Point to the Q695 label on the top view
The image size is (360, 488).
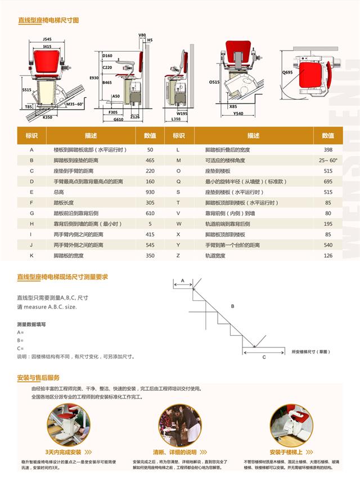tap(288, 72)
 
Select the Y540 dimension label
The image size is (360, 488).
tap(238, 113)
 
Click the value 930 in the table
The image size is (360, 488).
tap(150, 192)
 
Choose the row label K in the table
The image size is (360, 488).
tap(32, 255)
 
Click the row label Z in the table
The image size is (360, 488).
tap(178, 255)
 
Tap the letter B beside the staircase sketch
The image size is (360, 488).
tap(232, 306)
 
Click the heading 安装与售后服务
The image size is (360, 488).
tap(38, 378)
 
